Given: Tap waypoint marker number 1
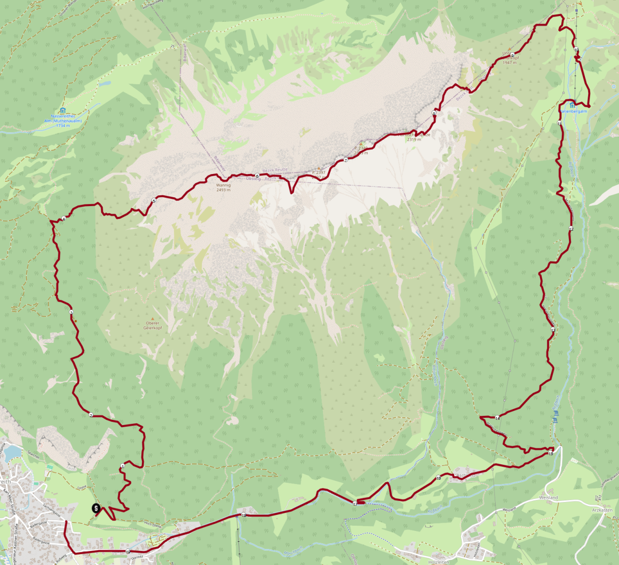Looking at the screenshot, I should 122,466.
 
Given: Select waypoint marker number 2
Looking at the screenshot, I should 91,415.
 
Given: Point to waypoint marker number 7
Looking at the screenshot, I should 346,160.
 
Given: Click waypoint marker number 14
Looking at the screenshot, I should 497,418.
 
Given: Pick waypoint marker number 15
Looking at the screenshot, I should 551,453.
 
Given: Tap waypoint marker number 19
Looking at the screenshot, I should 128,552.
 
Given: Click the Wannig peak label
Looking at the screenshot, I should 223,185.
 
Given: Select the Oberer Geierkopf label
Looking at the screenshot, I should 152,325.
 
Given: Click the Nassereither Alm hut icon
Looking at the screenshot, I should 62,110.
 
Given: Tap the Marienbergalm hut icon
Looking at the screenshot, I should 573,105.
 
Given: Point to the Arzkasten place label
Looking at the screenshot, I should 602,510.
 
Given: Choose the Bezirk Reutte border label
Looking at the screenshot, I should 275,170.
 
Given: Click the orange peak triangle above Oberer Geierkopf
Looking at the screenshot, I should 153,318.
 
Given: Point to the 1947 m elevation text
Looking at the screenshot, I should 510,62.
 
